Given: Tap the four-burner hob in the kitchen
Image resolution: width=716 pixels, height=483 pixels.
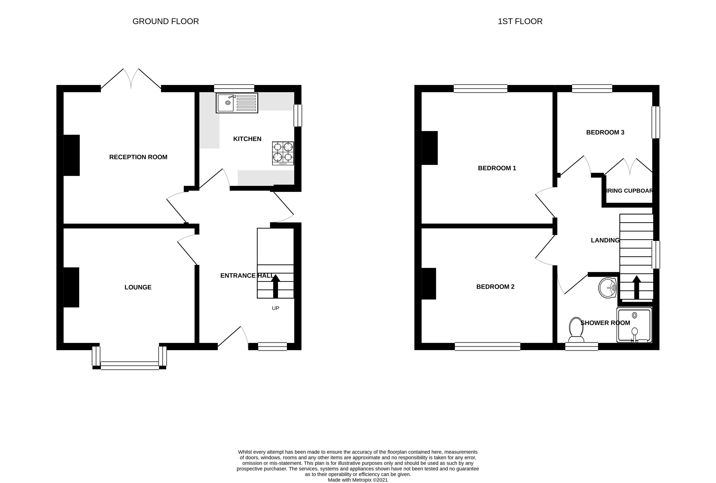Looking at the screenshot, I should point(283,153).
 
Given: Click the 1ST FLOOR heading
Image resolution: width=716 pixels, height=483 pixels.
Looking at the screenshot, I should point(520,21).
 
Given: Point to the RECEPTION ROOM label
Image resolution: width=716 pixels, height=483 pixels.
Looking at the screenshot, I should point(138,157).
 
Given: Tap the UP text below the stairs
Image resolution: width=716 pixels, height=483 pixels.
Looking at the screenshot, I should point(275,308).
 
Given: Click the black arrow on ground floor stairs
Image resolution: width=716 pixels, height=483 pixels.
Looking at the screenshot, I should point(275,286).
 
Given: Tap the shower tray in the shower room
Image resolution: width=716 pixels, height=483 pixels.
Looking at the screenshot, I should point(634,325).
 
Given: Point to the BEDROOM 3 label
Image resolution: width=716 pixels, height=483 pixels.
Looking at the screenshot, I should point(605,132).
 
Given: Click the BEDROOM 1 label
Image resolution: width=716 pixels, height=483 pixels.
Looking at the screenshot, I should point(497,168).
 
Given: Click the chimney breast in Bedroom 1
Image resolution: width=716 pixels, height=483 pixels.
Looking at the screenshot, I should point(429,148).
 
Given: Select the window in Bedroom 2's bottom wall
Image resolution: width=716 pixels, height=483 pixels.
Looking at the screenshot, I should point(487,347).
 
